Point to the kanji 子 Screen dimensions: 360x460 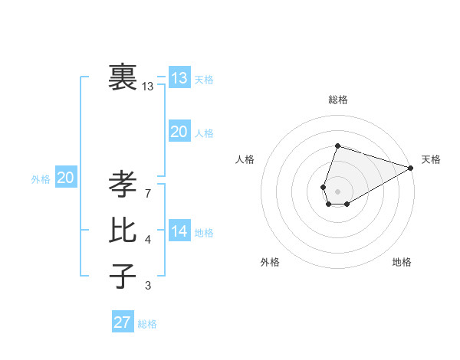click(x=123, y=276)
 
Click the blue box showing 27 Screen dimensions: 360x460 click(x=123, y=322)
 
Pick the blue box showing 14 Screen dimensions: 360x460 click(x=179, y=231)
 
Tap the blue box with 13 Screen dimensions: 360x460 click(x=179, y=78)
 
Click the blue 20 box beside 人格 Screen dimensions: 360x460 click(x=179, y=133)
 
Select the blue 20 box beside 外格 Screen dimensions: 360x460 click(x=66, y=178)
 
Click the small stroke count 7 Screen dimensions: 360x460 click(x=147, y=194)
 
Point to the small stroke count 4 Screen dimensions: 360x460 click(x=147, y=240)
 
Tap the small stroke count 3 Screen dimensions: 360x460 click(x=147, y=286)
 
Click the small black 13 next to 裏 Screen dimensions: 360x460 click(x=148, y=87)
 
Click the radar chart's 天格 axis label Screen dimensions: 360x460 click(x=431, y=159)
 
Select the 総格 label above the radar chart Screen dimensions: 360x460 click(x=338, y=100)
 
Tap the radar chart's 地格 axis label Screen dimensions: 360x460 click(x=402, y=262)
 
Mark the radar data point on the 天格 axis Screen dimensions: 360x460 click(x=411, y=168)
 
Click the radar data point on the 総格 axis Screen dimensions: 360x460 click(x=337, y=146)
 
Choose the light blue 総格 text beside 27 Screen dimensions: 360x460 click(x=147, y=324)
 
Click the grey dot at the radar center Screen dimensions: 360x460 click(x=337, y=190)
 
